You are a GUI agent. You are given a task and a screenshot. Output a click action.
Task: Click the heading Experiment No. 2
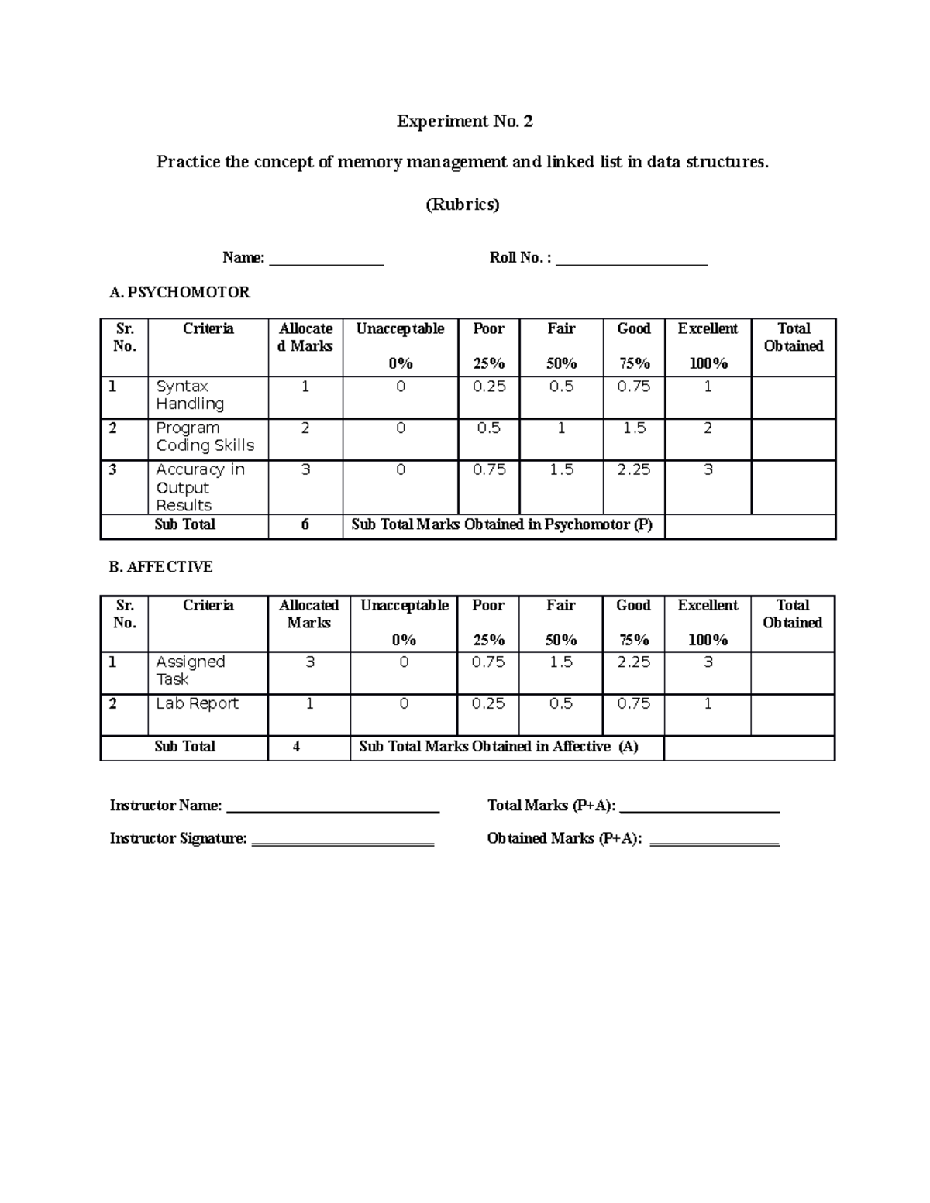[464, 122]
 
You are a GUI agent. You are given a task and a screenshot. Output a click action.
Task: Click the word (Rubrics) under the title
[463, 205]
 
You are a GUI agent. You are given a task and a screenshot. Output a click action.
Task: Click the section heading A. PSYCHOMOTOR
[180, 293]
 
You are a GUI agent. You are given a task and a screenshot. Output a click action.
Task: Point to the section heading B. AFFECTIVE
[160, 567]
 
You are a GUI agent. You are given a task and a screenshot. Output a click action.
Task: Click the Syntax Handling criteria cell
[191, 395]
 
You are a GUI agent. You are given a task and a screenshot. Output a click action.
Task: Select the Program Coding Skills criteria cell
[205, 437]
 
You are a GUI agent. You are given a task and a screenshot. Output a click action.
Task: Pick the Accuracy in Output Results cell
[200, 487]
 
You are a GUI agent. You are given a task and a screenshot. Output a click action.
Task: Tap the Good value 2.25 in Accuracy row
[633, 470]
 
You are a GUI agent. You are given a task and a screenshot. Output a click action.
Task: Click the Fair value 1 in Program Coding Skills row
[561, 428]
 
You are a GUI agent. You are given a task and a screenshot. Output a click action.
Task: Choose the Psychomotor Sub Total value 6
[305, 525]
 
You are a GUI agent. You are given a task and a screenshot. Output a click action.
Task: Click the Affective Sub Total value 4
[296, 747]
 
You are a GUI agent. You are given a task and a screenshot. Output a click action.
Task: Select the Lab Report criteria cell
[197, 704]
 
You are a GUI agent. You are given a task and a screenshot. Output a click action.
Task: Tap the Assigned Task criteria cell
[191, 671]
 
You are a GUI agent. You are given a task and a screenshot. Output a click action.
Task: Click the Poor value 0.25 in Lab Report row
[488, 704]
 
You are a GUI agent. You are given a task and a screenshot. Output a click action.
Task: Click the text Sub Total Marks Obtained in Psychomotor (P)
[502, 525]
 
